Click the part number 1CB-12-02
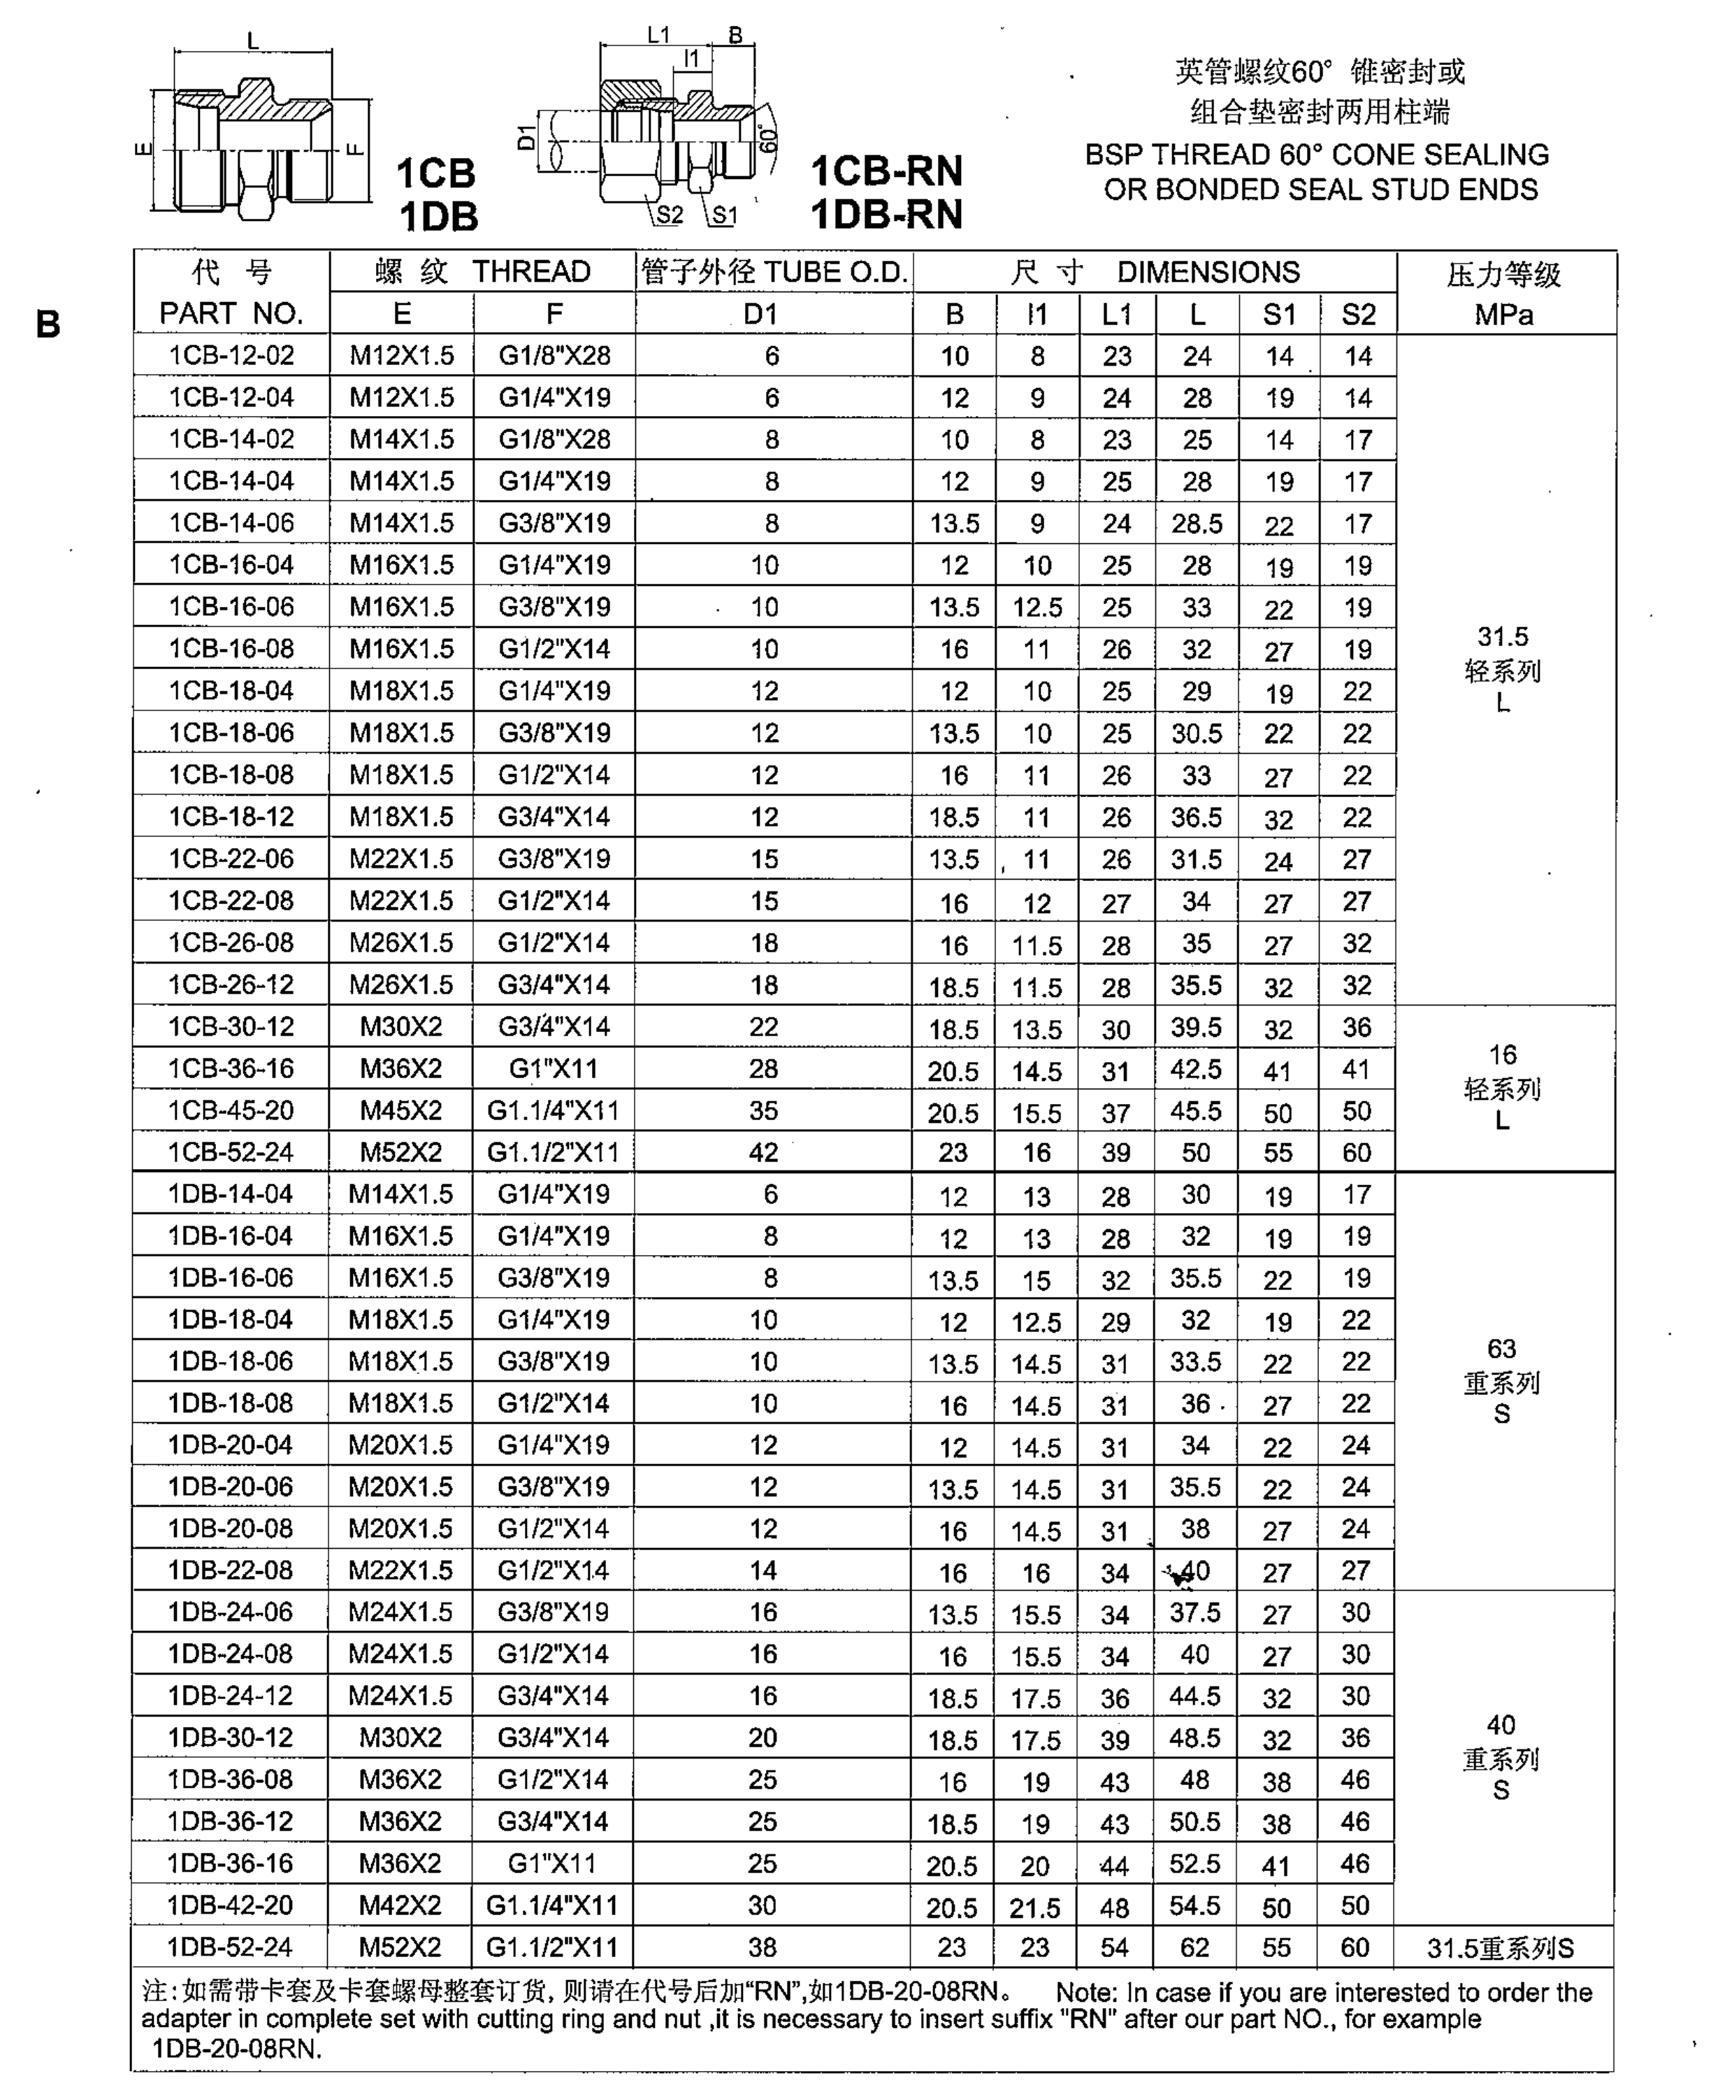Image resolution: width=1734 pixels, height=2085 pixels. tap(231, 355)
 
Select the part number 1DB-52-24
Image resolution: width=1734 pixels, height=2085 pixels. tap(230, 1947)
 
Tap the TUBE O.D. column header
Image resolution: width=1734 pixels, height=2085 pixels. tap(774, 271)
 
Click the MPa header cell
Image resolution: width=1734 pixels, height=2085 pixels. tap(1504, 315)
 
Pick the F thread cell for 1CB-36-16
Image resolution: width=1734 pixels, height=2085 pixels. tap(553, 1068)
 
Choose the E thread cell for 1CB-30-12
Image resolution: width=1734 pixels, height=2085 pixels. tap(401, 1026)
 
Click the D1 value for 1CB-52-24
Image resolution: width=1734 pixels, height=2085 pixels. tap(763, 1152)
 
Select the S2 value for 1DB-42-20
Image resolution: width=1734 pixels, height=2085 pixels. tap(1356, 1905)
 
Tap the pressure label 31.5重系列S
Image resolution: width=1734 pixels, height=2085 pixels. tap(1501, 1948)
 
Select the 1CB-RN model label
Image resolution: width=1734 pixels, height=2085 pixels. tap(886, 171)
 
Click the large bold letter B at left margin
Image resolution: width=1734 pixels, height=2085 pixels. tap(48, 324)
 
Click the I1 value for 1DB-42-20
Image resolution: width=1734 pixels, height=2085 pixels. tap(1035, 1906)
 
